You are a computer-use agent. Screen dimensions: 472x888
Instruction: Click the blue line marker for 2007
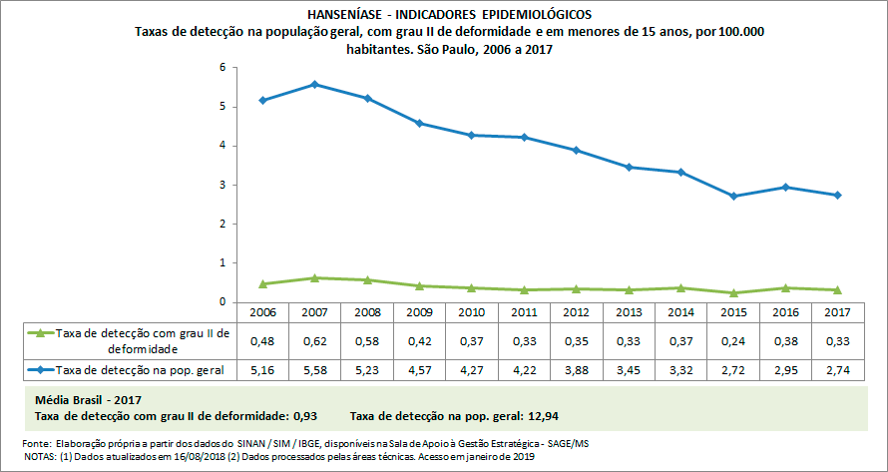314,85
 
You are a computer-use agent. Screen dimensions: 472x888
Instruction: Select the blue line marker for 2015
733,196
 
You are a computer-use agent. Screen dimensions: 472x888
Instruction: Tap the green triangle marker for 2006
262,284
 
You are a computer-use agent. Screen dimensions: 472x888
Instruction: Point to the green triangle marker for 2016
786,288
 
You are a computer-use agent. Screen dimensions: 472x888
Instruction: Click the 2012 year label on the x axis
577,312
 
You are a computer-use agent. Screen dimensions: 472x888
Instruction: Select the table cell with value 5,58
314,370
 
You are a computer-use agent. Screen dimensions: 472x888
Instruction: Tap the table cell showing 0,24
733,340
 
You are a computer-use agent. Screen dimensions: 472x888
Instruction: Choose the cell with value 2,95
786,370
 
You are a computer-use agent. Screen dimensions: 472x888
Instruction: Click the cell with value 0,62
314,340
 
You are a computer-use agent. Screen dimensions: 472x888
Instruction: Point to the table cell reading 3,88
577,370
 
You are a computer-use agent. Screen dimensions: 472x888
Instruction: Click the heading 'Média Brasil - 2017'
88,399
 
